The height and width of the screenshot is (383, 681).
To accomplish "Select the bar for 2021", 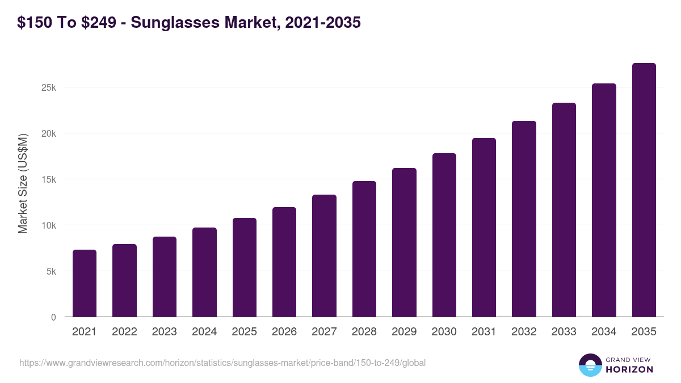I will (x=84, y=283).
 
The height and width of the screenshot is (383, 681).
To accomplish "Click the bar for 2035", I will (x=644, y=190).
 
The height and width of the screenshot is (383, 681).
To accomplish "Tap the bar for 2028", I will (x=364, y=249).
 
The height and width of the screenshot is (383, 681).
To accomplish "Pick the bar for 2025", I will (x=244, y=267).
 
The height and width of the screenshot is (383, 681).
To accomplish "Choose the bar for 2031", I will (x=484, y=228).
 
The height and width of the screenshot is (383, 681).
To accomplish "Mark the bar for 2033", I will (x=564, y=210).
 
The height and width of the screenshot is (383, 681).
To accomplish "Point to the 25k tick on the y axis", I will (x=48, y=88).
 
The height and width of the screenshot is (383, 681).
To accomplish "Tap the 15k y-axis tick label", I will (x=48, y=180).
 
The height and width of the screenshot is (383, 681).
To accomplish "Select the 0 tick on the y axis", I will (x=53, y=317).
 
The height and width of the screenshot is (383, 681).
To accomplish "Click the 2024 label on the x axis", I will (x=204, y=332).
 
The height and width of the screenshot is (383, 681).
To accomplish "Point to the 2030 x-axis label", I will (x=444, y=332).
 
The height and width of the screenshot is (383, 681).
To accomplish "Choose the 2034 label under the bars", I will (x=604, y=332).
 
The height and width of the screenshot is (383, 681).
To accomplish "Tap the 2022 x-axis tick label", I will (x=124, y=332).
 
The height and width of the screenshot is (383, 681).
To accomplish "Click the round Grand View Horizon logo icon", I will (x=590, y=365).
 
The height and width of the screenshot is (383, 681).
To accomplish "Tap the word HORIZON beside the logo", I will (x=629, y=369).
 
